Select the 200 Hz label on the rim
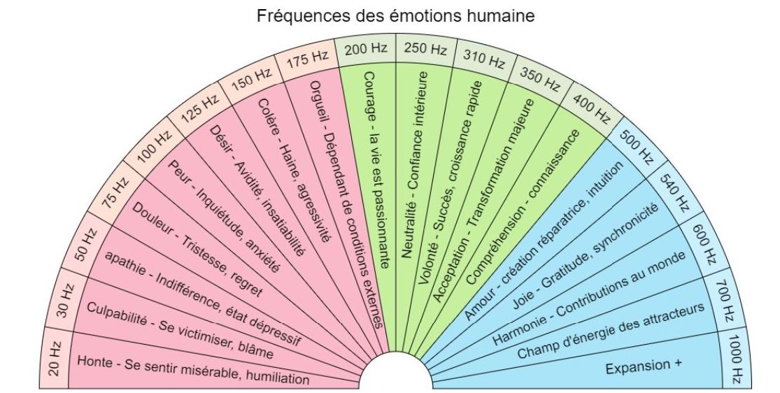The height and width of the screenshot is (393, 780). point(366,50)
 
